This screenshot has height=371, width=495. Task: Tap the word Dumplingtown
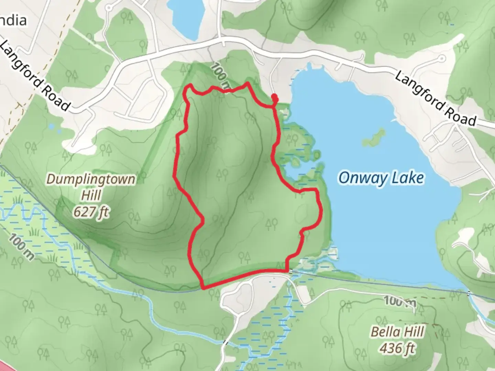pyautogui.click(x=91, y=179)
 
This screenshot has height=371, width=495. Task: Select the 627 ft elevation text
pyautogui.click(x=91, y=212)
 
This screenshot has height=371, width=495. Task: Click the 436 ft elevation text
pyautogui.click(x=397, y=349)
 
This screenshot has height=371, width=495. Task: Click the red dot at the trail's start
pyautogui.click(x=275, y=98)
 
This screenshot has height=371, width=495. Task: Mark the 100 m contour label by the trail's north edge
pyautogui.click(x=220, y=77)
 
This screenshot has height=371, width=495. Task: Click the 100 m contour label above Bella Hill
pyautogui.click(x=400, y=302)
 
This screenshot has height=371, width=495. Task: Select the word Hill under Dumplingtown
pyautogui.click(x=91, y=195)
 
